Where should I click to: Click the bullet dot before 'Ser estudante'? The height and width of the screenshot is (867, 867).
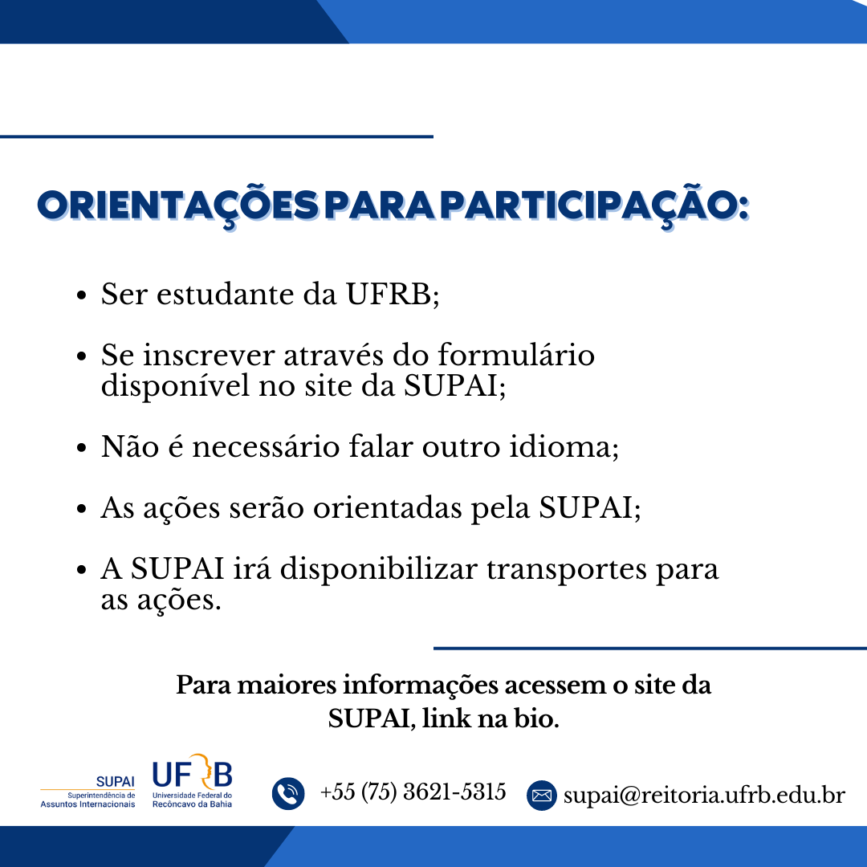click(82, 295)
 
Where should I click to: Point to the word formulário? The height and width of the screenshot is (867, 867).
click(516, 355)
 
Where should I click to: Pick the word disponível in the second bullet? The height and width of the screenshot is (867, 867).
click(175, 386)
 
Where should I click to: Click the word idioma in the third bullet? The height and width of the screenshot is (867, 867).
click(560, 446)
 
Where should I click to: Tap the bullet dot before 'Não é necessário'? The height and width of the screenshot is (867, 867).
click(82, 448)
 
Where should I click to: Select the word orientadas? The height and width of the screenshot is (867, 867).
click(387, 507)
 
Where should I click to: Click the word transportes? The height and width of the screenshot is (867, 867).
click(566, 570)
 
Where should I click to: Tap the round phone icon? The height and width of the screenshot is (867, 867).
click(288, 793)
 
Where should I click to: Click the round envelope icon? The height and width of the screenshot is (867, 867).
click(541, 796)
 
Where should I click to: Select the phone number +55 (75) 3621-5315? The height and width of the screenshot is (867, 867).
click(413, 792)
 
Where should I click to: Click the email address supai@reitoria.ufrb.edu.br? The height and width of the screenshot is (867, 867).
click(704, 796)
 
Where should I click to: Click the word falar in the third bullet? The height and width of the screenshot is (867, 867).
click(381, 446)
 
